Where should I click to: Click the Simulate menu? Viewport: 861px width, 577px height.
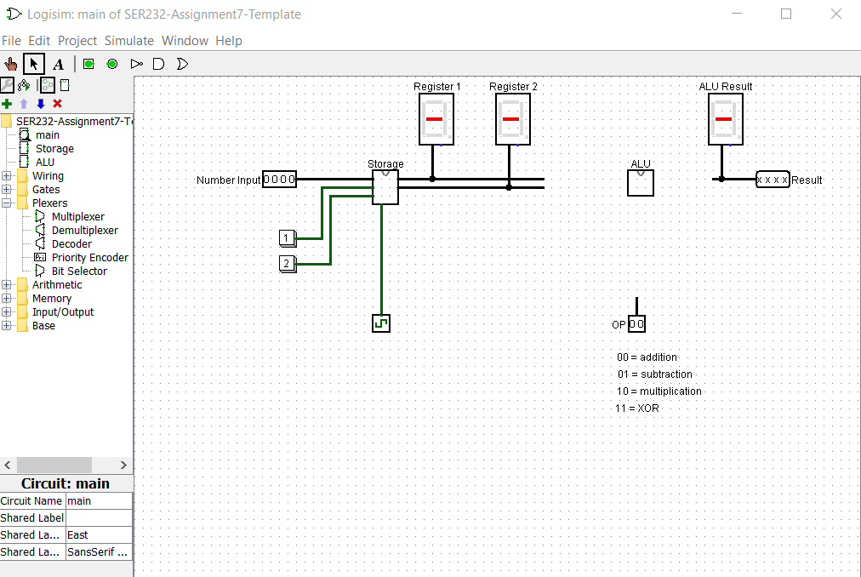(129, 41)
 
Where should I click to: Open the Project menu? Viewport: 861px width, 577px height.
(77, 41)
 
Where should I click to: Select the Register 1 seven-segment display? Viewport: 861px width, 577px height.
(436, 119)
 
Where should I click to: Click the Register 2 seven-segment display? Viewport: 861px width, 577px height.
(513, 119)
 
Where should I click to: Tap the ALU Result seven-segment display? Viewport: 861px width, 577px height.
(725, 119)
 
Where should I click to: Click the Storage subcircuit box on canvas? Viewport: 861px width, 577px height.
(385, 187)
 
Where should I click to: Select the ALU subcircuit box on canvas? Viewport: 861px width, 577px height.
(640, 183)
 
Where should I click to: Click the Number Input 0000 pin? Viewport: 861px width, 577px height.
(279, 180)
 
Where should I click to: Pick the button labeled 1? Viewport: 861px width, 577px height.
(288, 237)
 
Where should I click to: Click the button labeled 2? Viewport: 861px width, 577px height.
(288, 263)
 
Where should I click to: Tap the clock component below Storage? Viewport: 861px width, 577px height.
(381, 323)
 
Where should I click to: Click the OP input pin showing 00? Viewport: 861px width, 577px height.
(636, 324)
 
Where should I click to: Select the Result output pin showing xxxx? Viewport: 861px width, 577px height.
(773, 180)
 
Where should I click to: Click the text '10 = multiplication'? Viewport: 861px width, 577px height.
(659, 391)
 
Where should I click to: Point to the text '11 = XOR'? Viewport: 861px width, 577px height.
(637, 408)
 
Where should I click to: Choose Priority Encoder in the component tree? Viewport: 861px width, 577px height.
(89, 258)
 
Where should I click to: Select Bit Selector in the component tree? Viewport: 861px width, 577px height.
(79, 271)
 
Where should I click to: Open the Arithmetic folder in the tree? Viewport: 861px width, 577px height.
(57, 285)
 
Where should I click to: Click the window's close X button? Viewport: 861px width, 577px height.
(836, 14)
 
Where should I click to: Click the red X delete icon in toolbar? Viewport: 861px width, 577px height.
(58, 104)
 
